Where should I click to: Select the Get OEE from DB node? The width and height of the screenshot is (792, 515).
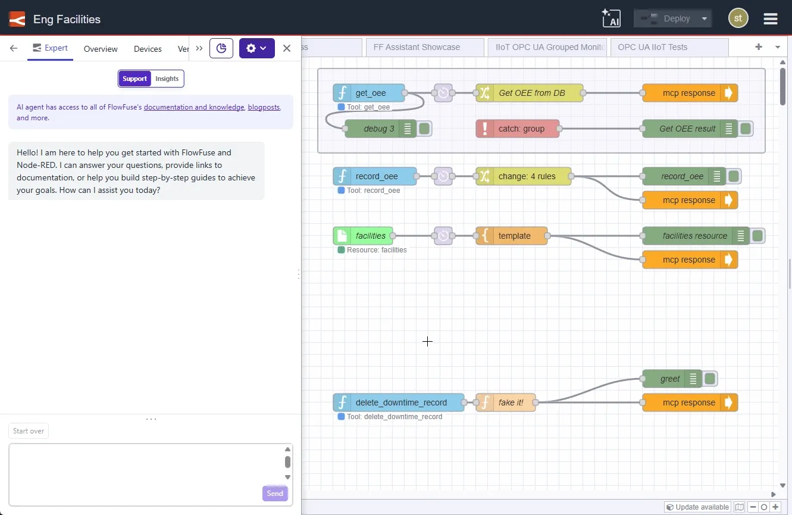pos(531,93)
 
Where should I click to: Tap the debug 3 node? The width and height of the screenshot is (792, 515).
pos(379,129)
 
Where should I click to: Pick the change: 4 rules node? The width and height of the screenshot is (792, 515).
pos(527,176)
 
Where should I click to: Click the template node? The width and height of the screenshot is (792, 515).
pos(514,236)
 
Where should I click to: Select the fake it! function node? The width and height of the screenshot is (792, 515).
pos(511,402)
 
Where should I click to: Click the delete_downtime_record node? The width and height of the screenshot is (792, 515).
pos(400,402)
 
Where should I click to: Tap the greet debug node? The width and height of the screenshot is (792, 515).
pos(670,379)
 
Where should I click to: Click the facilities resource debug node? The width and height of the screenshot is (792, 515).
pos(694,236)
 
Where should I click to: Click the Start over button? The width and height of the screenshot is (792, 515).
pos(29,431)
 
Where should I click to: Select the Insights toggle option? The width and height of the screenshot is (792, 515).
pos(167,79)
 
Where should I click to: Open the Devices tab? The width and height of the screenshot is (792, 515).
pos(148,49)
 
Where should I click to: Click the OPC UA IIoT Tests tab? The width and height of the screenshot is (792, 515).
pos(652,47)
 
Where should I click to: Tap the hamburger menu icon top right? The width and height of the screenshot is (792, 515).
pos(771,18)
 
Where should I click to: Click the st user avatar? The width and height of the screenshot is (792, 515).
pos(738,18)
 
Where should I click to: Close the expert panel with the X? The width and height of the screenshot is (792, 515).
pos(287,48)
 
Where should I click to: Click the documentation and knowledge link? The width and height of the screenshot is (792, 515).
pos(194,107)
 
